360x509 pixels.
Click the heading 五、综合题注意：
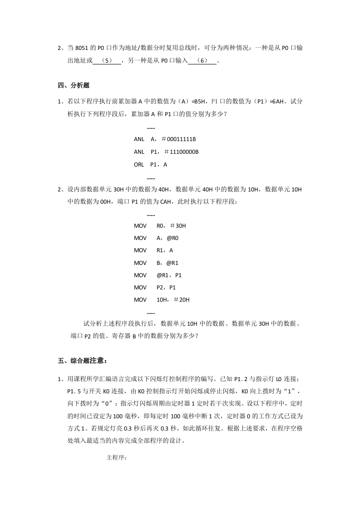82,361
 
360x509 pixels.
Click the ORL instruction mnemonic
139,164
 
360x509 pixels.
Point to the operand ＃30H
178,225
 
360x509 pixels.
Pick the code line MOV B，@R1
156,263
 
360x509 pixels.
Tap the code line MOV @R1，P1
158,275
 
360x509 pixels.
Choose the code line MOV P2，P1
155,287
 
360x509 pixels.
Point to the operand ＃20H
179,299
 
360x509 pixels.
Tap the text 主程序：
116,458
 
